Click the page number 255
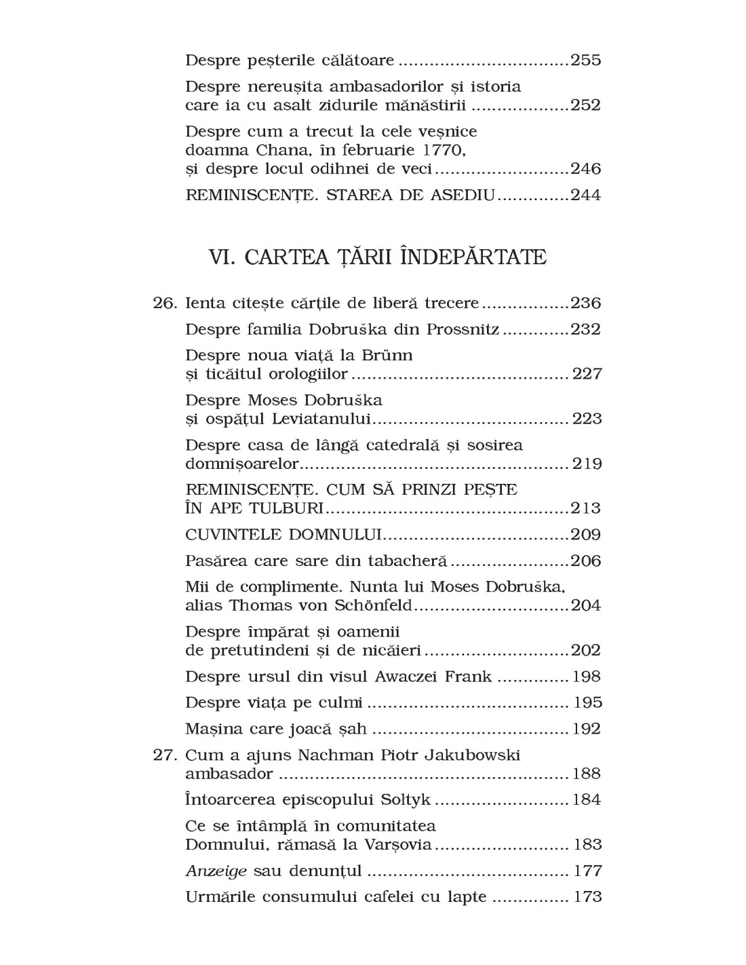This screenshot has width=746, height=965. [586, 60]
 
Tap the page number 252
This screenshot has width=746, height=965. [586, 105]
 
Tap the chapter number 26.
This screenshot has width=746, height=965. [165, 303]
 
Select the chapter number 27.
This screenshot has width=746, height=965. [165, 755]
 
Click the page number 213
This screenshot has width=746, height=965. [586, 508]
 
